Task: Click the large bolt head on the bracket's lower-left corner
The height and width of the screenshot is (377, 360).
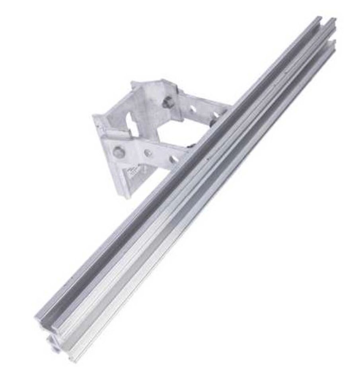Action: tap(118, 152)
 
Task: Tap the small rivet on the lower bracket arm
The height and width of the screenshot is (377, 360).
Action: tap(148, 152)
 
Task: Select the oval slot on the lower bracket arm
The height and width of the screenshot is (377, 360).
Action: tap(174, 159)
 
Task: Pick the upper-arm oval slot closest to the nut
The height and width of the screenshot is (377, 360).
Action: tap(193, 108)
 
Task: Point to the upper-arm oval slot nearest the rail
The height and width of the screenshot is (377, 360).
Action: tap(215, 115)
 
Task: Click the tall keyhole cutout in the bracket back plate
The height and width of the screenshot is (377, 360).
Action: tap(132, 123)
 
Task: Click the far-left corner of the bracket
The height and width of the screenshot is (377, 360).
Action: tap(95, 117)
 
